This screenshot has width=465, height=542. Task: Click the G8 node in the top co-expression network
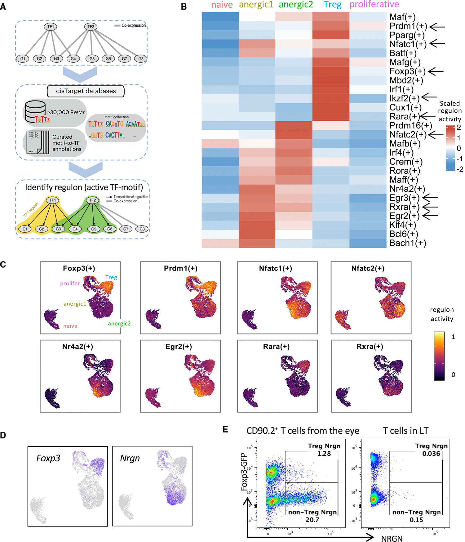pyautogui.click(x=141, y=58)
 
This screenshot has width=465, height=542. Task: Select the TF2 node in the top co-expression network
pyautogui.click(x=91, y=27)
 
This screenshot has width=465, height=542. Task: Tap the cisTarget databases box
pyautogui.click(x=86, y=91)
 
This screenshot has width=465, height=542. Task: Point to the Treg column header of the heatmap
pyautogui.click(x=332, y=5)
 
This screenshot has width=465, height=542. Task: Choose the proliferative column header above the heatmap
pyautogui.click(x=374, y=4)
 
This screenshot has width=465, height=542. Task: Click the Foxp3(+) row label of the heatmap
pyautogui.click(x=407, y=71)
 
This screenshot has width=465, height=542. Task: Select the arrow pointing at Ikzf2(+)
pyautogui.click(x=429, y=97)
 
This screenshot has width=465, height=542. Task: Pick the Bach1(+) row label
pyautogui.click(x=408, y=243)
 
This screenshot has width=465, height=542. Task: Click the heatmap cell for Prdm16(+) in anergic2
pyautogui.click(x=294, y=126)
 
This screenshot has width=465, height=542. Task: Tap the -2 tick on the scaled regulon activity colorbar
pyautogui.click(x=460, y=169)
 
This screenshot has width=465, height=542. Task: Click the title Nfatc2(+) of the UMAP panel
pyautogui.click(x=368, y=268)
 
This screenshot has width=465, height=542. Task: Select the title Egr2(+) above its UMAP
pyautogui.click(x=179, y=347)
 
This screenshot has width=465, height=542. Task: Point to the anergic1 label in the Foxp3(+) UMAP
pyautogui.click(x=75, y=304)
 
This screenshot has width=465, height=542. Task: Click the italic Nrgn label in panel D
pyautogui.click(x=130, y=458)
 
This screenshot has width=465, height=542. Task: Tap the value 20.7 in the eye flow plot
pyautogui.click(x=312, y=520)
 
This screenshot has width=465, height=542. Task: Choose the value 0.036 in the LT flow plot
pyautogui.click(x=431, y=454)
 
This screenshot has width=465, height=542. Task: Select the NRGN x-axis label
pyautogui.click(x=392, y=539)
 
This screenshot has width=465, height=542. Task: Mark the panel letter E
pyautogui.click(x=225, y=429)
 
